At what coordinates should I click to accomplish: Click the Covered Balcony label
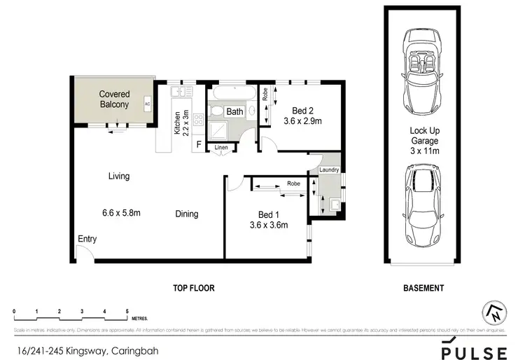pos(113,99)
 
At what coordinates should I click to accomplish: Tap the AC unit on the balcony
pos(147,104)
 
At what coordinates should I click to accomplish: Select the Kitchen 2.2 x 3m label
pos(181,123)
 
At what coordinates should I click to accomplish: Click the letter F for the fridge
pos(199,145)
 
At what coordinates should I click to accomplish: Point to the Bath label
pos(234,111)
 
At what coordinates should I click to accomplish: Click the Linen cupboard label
pos(221,148)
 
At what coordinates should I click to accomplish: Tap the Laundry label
pos(328,169)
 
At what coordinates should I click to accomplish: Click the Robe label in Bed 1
pos(292,184)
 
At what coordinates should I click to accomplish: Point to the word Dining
pos(187,214)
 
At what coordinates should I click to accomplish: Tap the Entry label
pos(87,239)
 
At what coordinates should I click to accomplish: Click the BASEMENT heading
pos(424,288)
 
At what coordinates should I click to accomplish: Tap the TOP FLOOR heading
pos(193,288)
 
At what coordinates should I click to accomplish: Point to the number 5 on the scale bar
pos(127,310)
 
